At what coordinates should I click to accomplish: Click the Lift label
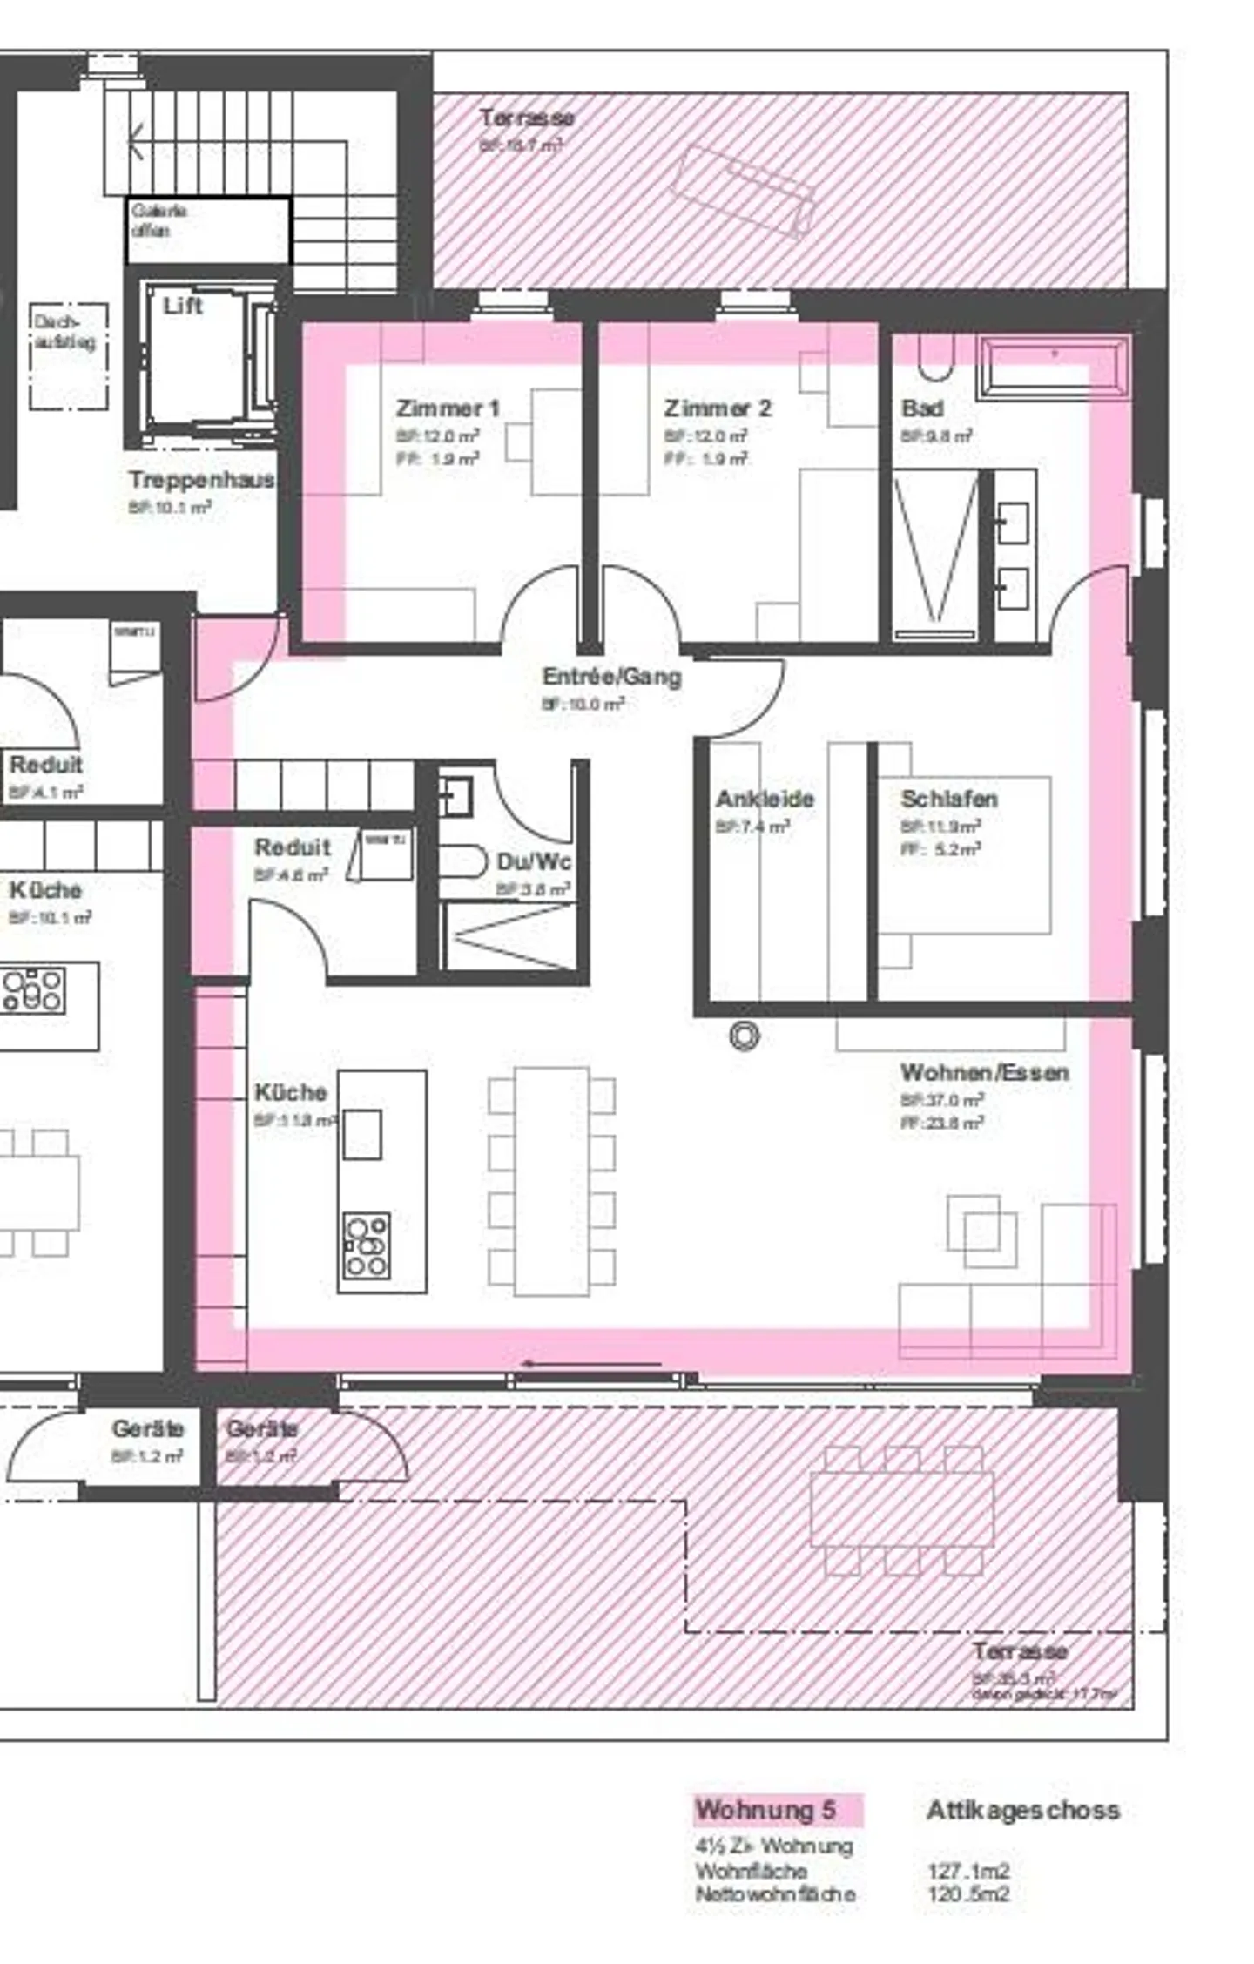click(182, 306)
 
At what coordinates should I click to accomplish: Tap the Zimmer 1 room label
click(448, 408)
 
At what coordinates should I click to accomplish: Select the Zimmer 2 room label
click(717, 408)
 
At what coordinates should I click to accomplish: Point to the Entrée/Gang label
click(611, 677)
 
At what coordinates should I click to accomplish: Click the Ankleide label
click(764, 799)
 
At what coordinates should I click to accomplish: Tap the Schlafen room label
click(948, 799)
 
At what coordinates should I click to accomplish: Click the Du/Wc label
click(534, 862)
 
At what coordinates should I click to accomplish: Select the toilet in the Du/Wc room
click(462, 861)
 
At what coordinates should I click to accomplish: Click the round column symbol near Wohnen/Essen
click(744, 1036)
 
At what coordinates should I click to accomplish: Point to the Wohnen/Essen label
click(984, 1072)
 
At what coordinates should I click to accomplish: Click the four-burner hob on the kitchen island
click(366, 1246)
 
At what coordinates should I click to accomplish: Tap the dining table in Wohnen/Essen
click(551, 1181)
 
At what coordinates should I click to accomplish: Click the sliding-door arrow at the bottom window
click(592, 1364)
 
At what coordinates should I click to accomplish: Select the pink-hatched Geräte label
click(261, 1429)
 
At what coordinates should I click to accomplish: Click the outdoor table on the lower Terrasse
click(901, 1509)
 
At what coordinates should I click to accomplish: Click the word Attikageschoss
click(1022, 1810)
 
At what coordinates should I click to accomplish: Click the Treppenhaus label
click(201, 480)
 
